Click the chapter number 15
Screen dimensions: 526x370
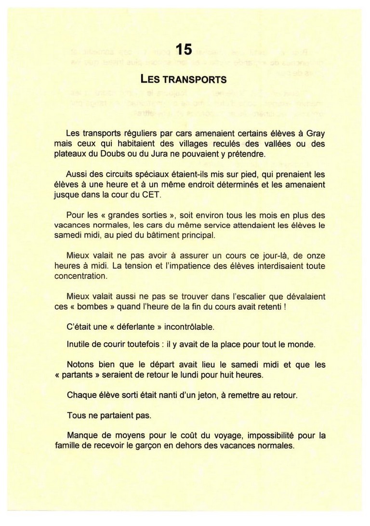tap(185, 49)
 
